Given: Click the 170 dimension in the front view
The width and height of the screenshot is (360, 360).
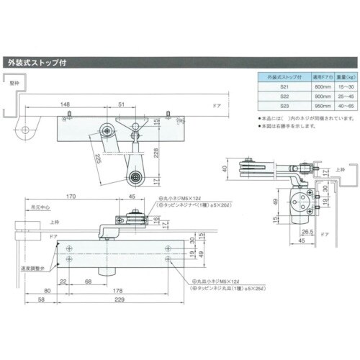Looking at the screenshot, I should pos(71,194).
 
